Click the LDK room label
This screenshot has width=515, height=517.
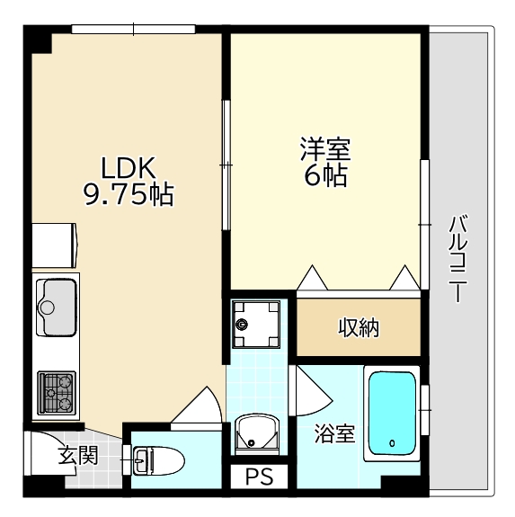(x=129, y=167)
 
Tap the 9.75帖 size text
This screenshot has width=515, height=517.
(x=129, y=194)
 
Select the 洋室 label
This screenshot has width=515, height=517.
(x=325, y=149)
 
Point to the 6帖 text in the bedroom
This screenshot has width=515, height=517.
(x=325, y=175)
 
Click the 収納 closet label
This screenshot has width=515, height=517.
(x=359, y=327)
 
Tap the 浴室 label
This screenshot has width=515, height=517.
(x=334, y=433)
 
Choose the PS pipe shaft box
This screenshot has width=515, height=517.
(x=259, y=477)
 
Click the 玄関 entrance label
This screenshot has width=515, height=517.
(x=78, y=456)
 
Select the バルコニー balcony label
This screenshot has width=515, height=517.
(x=458, y=259)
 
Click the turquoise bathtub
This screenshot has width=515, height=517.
(x=392, y=414)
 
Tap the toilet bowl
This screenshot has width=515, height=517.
(x=158, y=460)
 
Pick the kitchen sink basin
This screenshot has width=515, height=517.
(x=57, y=308)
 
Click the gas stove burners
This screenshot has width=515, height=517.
(x=57, y=393)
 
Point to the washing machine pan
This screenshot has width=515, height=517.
(x=256, y=324)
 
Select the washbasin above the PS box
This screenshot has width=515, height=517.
(x=257, y=434)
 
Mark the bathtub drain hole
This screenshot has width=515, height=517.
(x=392, y=443)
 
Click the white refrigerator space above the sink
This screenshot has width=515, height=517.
(x=54, y=245)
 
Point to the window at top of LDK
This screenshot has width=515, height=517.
(x=133, y=29)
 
